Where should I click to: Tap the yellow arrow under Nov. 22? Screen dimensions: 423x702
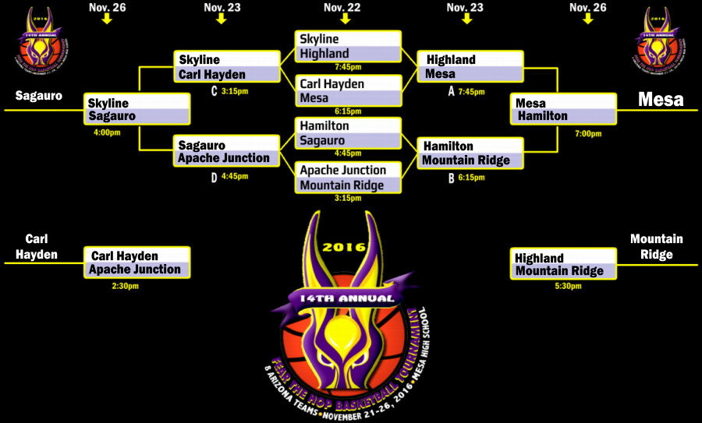pyautogui.click(x=344, y=19)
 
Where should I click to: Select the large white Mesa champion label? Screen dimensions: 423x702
pyautogui.click(x=661, y=99)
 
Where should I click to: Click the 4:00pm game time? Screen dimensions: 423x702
pyautogui.click(x=107, y=132)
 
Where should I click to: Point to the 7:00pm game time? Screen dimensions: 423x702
pyautogui.click(x=587, y=133)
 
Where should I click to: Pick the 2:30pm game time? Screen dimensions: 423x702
pyautogui.click(x=125, y=286)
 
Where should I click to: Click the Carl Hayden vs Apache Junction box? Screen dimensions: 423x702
pyautogui.click(x=137, y=263)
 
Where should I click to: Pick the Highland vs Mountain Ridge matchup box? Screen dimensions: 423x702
pyautogui.click(x=564, y=264)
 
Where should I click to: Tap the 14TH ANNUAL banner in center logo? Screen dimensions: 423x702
pyautogui.click(x=345, y=297)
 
